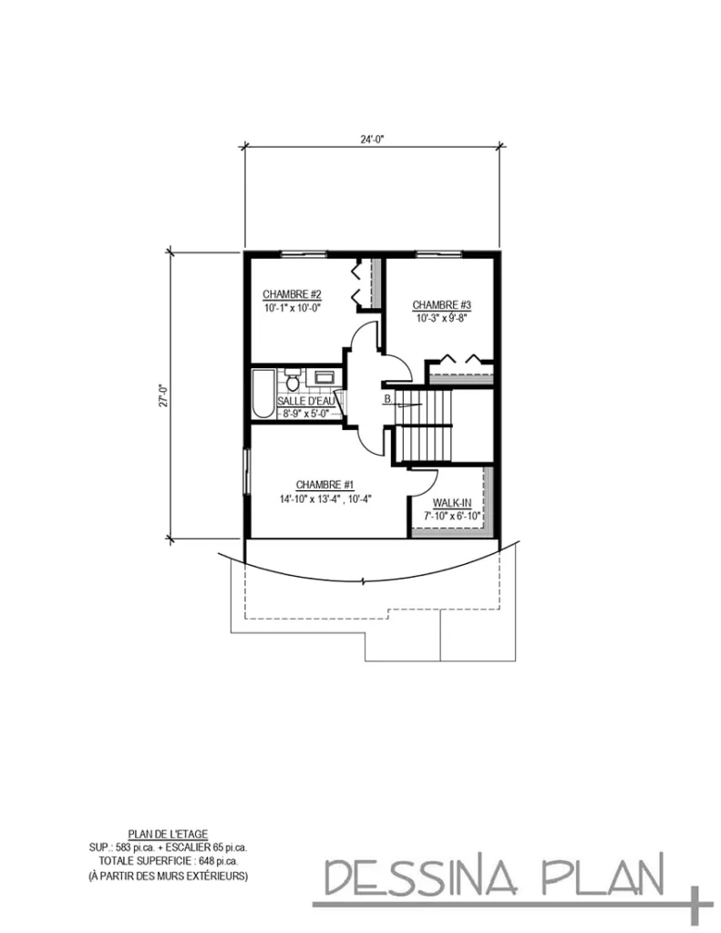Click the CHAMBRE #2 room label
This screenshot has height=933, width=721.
click(292, 294)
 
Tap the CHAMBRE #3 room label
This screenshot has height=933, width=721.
click(442, 304)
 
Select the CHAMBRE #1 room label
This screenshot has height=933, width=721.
click(324, 485)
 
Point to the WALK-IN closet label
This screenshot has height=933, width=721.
click(451, 503)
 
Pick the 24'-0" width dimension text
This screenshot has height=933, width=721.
click(371, 139)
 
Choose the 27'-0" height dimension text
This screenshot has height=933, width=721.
click(161, 397)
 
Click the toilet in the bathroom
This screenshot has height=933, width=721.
click(293, 376)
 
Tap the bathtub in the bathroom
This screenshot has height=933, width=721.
click(263, 393)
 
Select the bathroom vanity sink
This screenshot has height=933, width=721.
click(324, 376)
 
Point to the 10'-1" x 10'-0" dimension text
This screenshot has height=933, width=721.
click(292, 308)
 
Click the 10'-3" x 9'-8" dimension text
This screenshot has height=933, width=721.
click(442, 319)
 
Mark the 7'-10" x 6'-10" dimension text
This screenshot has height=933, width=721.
click(451, 517)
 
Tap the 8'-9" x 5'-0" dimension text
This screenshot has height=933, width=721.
click(305, 415)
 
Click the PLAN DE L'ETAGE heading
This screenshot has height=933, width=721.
click(169, 833)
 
